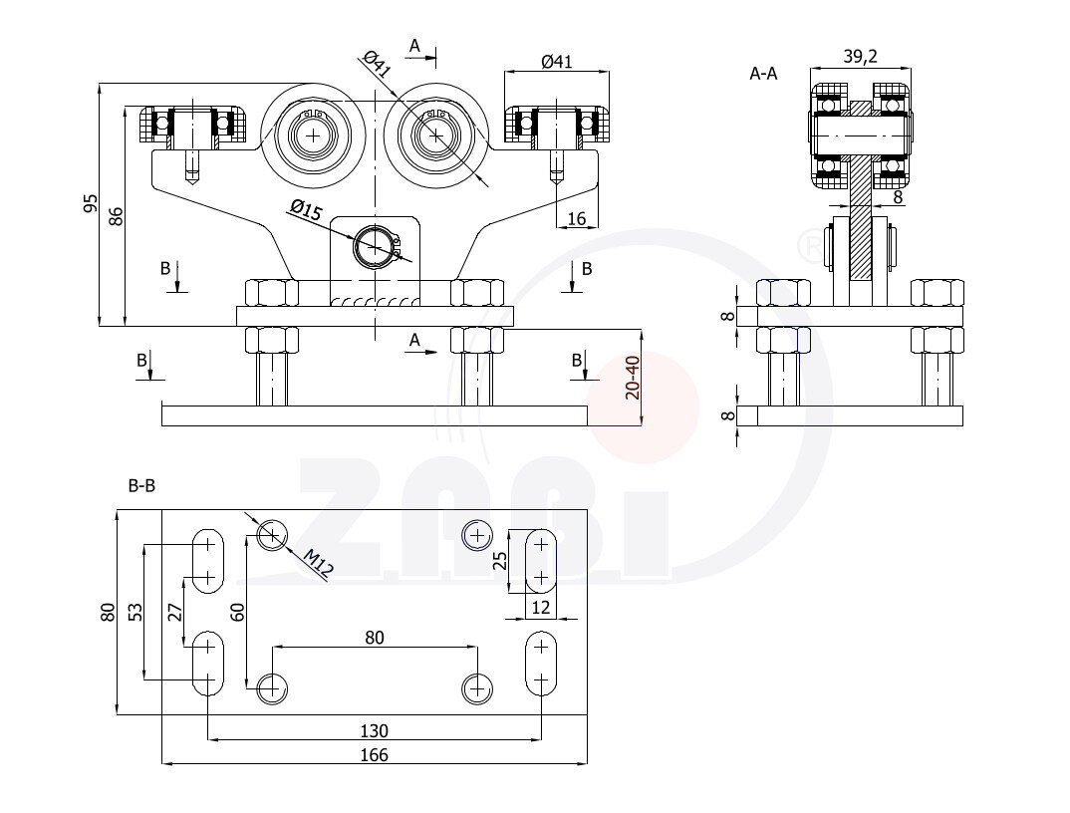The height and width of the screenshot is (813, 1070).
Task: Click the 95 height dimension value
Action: click(90, 204)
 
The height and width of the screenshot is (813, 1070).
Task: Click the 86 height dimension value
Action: click(116, 215)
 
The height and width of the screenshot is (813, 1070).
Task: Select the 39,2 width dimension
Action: click(860, 57)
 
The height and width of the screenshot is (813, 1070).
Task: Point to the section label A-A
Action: click(763, 73)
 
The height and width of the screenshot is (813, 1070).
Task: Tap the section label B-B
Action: click(141, 486)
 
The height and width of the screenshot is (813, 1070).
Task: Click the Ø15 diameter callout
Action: click(305, 210)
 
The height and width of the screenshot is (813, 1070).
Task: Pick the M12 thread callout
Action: click(319, 565)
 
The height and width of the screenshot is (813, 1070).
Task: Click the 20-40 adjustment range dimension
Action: click(633, 379)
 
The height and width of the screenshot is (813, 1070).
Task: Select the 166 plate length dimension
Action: click(374, 755)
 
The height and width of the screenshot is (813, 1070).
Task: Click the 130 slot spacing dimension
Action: click(374, 730)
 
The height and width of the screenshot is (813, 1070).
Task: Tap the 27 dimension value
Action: click(175, 613)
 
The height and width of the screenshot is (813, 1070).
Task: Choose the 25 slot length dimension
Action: click(501, 562)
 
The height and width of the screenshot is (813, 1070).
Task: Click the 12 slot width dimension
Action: click(540, 607)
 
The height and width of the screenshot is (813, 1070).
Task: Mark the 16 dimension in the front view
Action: click(576, 218)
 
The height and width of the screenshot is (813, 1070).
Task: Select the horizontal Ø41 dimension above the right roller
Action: click(556, 62)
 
